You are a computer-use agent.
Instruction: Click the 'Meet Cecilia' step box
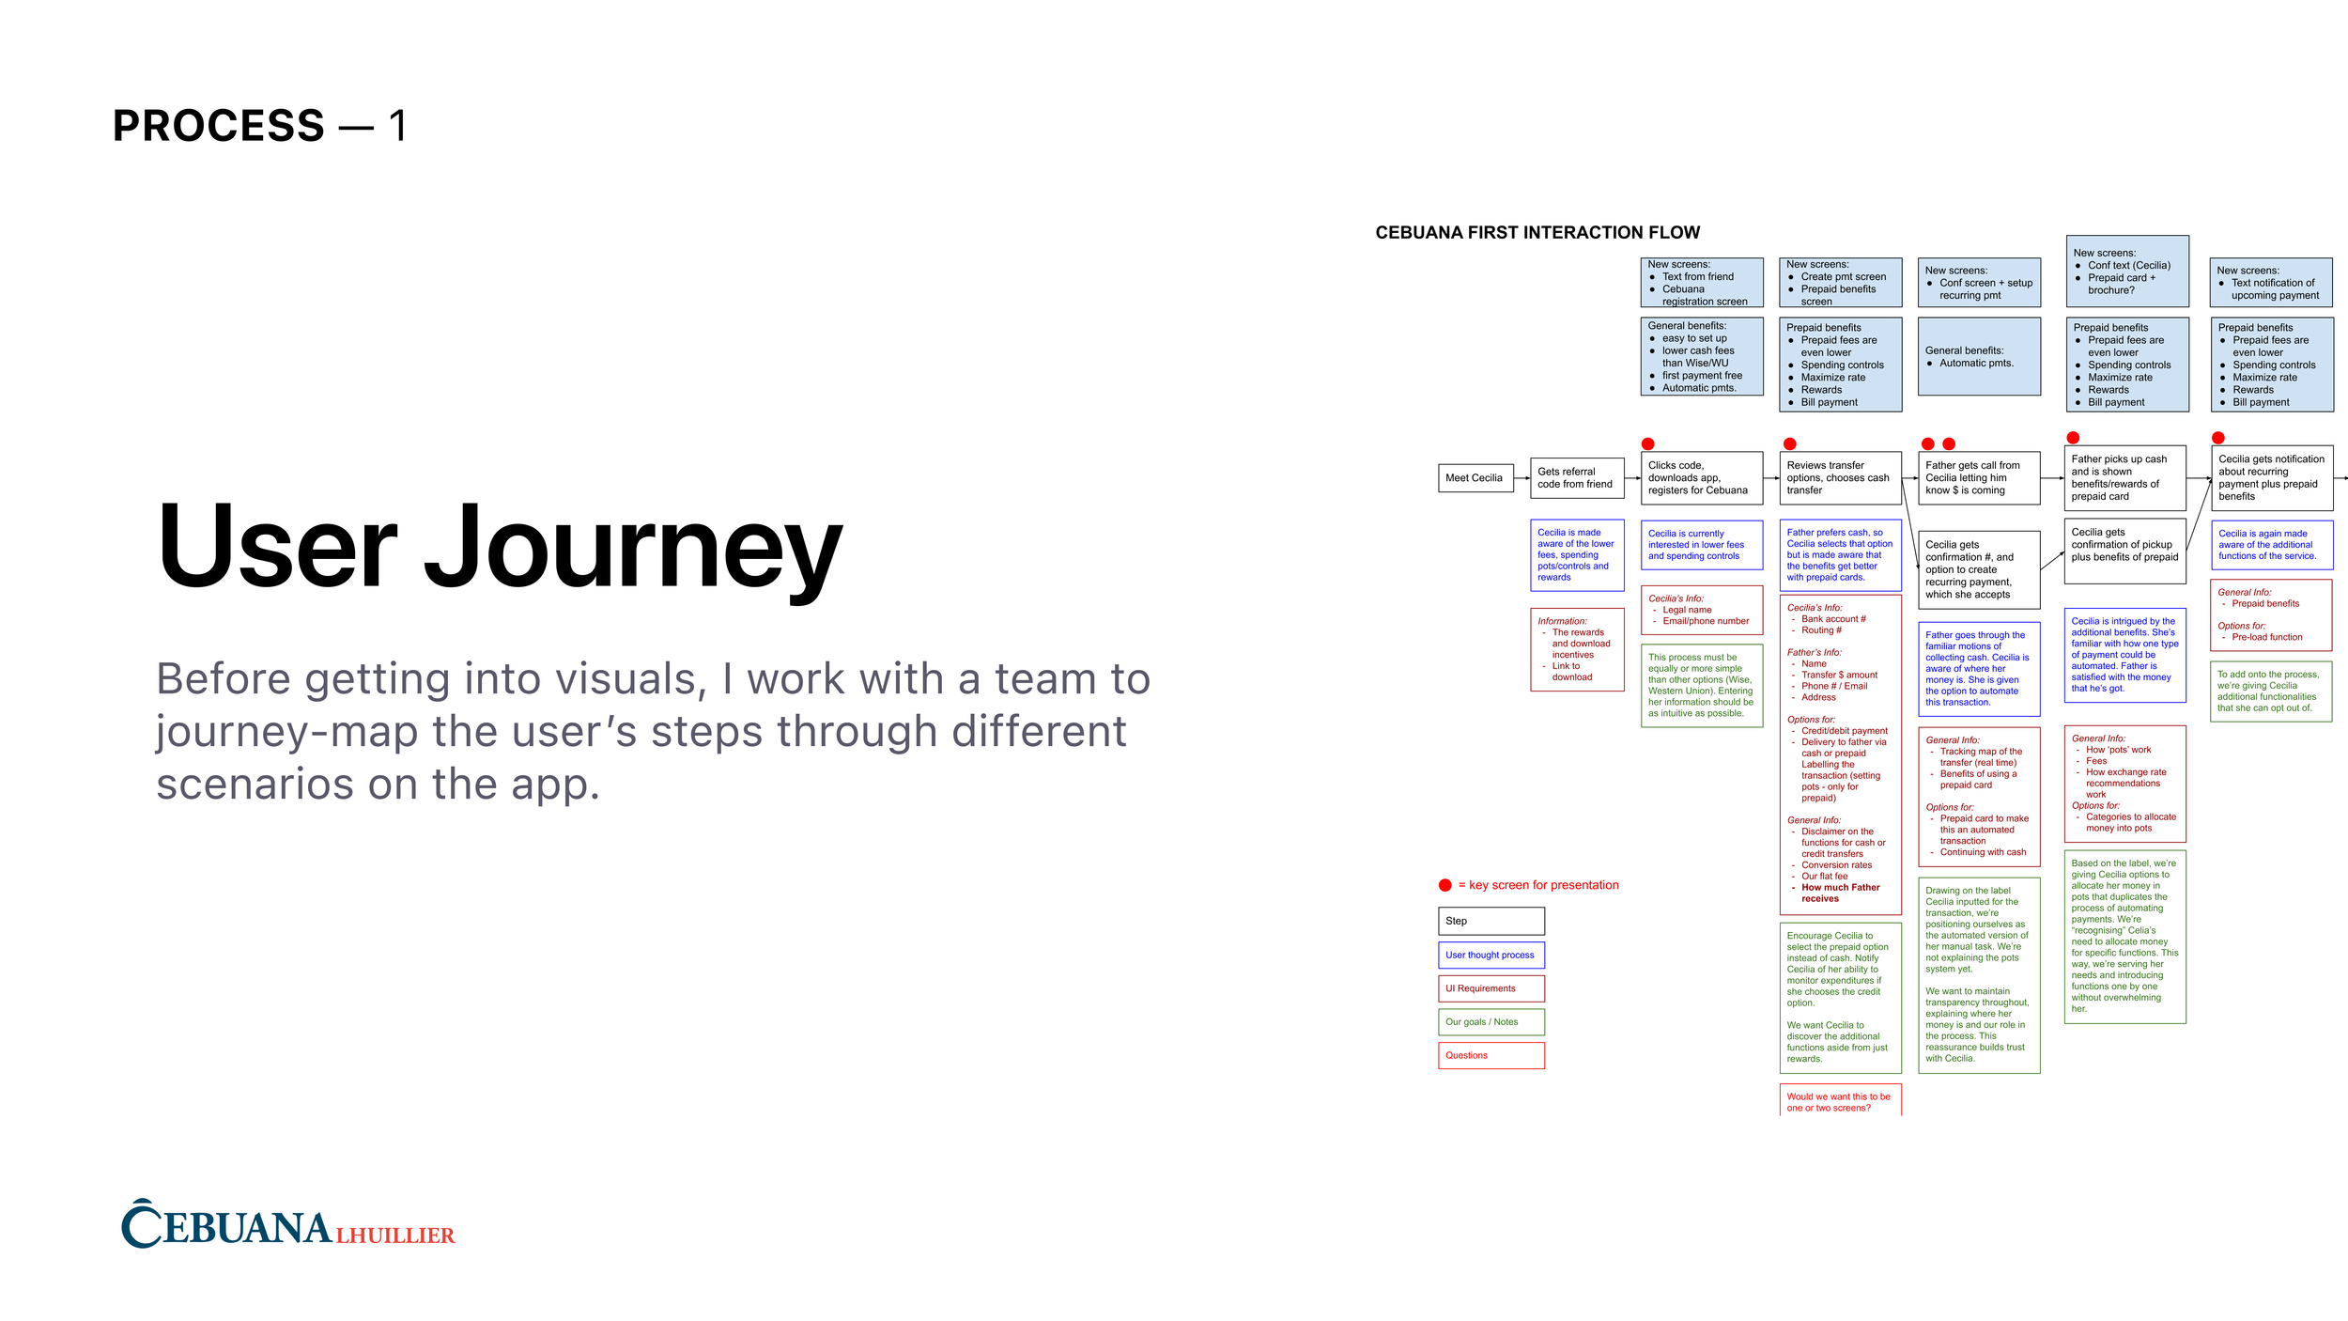[x=1475, y=478]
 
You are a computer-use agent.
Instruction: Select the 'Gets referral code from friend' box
[x=1577, y=478]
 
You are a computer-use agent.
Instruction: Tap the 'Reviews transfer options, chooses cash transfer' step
[x=1840, y=478]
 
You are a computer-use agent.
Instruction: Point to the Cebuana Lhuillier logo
[x=287, y=1224]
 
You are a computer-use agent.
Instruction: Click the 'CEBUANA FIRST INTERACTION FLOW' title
[x=1537, y=233]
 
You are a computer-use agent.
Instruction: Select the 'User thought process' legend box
[x=1491, y=956]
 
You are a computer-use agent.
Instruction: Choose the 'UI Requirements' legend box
[x=1491, y=988]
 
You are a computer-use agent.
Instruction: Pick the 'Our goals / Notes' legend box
[x=1491, y=1022]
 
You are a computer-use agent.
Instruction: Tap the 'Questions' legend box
[x=1491, y=1056]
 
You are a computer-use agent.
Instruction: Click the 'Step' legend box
[x=1491, y=922]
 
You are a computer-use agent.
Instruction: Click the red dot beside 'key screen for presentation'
[x=1445, y=885]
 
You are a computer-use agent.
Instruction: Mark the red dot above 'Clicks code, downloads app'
[x=1647, y=444]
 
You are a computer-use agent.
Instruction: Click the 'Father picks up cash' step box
[x=2124, y=478]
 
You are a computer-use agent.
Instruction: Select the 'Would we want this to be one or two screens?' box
[x=1840, y=1102]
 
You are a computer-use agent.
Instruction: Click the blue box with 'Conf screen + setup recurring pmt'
[x=1978, y=283]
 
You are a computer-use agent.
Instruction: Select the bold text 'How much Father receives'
[x=1840, y=894]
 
